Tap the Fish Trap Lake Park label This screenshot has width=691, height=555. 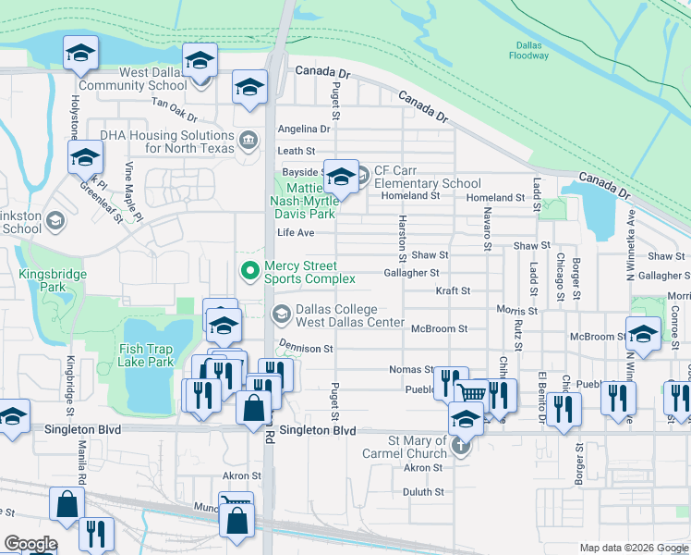click(146, 355)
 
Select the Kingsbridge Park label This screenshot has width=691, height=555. click(53, 280)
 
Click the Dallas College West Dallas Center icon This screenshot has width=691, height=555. click(281, 315)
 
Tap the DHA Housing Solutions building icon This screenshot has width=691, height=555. click(249, 141)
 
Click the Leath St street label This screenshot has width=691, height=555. click(297, 151)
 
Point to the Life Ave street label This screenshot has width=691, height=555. click(296, 232)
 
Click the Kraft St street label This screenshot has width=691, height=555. click(453, 290)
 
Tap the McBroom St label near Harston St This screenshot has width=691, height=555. click(440, 328)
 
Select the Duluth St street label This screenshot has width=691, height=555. click(424, 492)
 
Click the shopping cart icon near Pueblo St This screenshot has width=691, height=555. click(472, 392)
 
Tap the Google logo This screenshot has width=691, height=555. click(30, 545)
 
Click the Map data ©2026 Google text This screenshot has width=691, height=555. click(633, 548)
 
